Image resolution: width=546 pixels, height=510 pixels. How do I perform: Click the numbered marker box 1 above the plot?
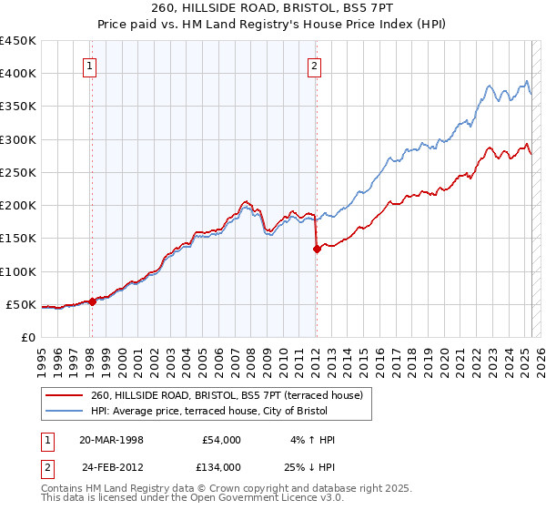click(91, 66)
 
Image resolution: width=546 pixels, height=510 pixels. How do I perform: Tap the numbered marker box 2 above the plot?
click(314, 66)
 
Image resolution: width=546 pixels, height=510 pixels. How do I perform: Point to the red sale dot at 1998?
click(92, 302)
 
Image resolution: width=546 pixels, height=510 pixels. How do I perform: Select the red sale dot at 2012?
click(317, 249)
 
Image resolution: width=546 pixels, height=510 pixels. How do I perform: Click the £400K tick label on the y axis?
click(18, 74)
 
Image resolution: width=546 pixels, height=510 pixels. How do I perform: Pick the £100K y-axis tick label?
click(18, 271)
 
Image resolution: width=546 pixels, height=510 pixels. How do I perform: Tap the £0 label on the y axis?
click(28, 337)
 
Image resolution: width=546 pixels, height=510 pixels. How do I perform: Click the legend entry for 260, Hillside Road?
click(227, 395)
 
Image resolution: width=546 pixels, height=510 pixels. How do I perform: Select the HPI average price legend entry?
click(227, 411)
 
